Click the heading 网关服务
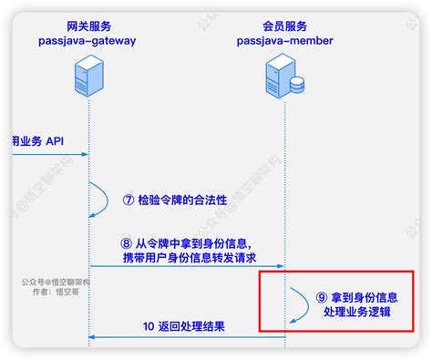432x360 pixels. coord(87,26)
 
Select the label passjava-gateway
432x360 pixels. coord(87,41)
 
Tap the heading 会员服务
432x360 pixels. coord(285,26)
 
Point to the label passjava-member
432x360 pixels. coord(285,41)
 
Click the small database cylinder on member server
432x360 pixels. coord(297,85)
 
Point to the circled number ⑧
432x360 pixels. coord(128,243)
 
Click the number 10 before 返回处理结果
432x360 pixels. coord(150,326)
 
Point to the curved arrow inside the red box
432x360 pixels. coord(300,304)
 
